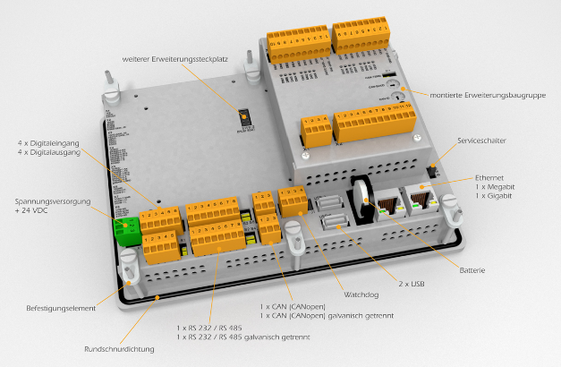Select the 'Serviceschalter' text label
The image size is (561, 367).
pos(482,141)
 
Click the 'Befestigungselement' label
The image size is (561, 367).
pos(60,309)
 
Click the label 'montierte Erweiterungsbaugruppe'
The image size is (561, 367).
pos(481,93)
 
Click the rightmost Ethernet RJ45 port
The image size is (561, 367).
pos(419,197)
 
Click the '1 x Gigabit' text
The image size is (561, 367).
pos(494,194)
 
